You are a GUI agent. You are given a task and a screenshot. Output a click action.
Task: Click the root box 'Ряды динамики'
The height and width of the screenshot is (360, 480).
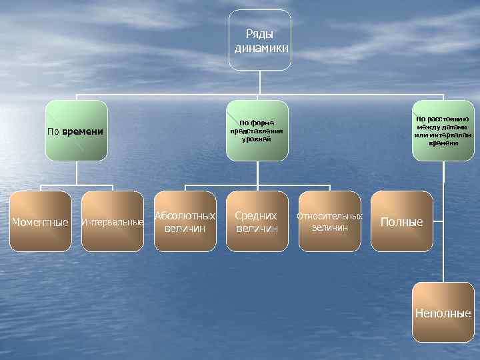pyautogui.click(x=260, y=40)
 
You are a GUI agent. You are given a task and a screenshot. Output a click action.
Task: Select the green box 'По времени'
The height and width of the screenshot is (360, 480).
pyautogui.click(x=76, y=131)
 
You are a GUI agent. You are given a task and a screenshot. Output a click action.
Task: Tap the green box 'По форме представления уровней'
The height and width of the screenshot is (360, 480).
pyautogui.click(x=257, y=131)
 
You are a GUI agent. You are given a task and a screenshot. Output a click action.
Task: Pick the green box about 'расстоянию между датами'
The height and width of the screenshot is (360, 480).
pyautogui.click(x=443, y=131)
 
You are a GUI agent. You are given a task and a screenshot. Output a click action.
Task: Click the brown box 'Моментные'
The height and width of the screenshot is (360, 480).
pyautogui.click(x=41, y=221)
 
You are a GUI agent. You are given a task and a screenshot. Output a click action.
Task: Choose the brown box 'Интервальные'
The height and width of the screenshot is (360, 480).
pyautogui.click(x=112, y=221)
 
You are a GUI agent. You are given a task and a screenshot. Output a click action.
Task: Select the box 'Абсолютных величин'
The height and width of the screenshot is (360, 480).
pyautogui.click(x=185, y=221)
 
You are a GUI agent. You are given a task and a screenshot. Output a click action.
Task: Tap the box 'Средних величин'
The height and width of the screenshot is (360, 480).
pyautogui.click(x=257, y=221)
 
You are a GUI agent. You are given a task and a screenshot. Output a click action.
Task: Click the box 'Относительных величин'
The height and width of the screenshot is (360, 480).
pyautogui.click(x=330, y=221)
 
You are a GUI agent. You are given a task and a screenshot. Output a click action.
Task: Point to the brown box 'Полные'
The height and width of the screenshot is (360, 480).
pyautogui.click(x=401, y=221)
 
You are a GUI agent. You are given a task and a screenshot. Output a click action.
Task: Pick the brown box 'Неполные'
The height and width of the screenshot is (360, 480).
pyautogui.click(x=443, y=313)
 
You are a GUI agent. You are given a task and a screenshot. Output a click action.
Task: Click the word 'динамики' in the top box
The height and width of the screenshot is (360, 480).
pyautogui.click(x=261, y=48)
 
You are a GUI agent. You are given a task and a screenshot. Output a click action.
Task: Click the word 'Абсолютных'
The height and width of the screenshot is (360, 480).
pyautogui.click(x=185, y=216)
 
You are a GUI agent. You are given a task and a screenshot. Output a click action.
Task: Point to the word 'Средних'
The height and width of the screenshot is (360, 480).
pyautogui.click(x=257, y=216)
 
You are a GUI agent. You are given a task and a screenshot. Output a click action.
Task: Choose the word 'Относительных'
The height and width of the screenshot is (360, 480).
pyautogui.click(x=330, y=217)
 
